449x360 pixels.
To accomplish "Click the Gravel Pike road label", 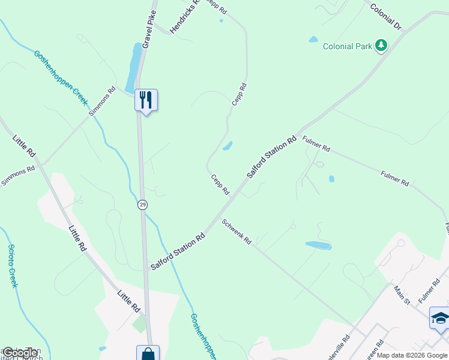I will (x=149, y=29).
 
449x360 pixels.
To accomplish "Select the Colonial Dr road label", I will (x=385, y=16).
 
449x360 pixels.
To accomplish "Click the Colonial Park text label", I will (x=348, y=46).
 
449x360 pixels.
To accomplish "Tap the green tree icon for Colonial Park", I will (x=381, y=45).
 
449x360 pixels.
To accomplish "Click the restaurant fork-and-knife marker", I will (x=146, y=100).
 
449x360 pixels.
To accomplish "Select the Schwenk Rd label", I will (x=237, y=232).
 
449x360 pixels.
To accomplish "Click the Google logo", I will (x=20, y=353).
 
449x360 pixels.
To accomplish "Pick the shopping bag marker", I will (x=148, y=354).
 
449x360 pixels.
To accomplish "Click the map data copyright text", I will (x=412, y=355).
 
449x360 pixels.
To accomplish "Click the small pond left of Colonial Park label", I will (x=313, y=40).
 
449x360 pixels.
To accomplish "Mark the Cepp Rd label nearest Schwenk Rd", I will (x=220, y=184).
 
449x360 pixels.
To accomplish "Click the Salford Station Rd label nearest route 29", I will (x=178, y=251).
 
